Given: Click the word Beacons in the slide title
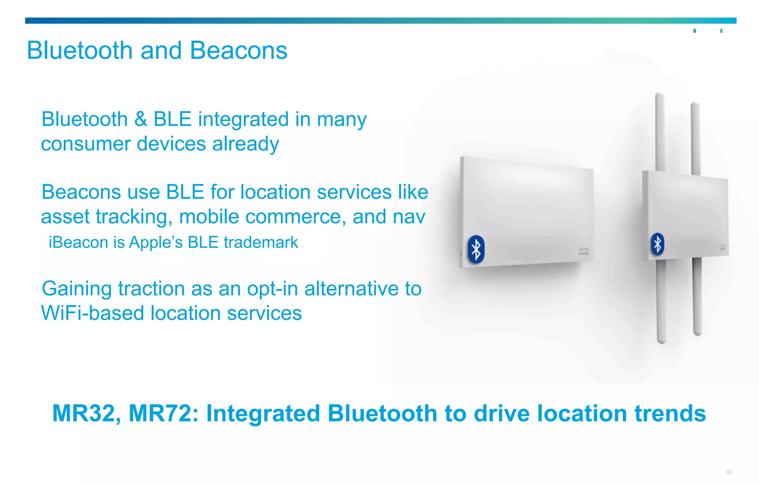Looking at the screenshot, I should pos(238,50).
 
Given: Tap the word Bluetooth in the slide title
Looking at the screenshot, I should pos(80,50).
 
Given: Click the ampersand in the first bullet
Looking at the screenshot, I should pos(140,119).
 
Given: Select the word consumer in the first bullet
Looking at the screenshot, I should pos(86,144).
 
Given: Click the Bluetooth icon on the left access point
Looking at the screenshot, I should pos(476,249).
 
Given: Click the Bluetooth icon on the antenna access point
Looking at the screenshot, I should pos(657,244).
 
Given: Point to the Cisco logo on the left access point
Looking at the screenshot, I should pos(584,251).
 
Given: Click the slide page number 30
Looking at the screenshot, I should pos(729,472).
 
